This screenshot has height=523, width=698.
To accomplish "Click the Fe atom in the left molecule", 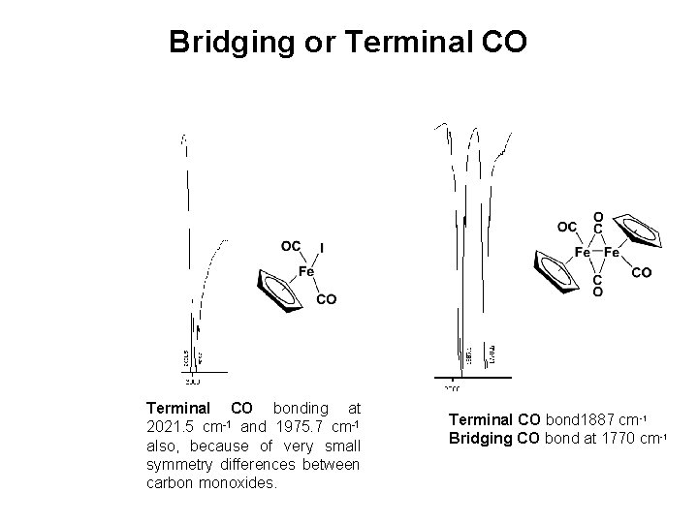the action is tap(306, 272).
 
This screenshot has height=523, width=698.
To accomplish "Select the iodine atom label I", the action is tap(321, 249).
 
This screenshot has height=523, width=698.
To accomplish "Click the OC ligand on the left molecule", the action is tap(290, 246).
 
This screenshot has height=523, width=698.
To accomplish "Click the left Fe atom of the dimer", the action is tap(584, 253).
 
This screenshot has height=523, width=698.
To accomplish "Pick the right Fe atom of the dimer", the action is tap(612, 253).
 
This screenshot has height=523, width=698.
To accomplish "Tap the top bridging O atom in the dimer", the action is tap(598, 217).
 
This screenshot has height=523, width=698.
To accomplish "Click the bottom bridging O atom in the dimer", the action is tap(598, 291).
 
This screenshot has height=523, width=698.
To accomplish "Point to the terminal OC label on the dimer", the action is tap(567, 228).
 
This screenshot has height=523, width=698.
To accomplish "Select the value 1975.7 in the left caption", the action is tap(301, 427).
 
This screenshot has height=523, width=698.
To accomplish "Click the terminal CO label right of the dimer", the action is tap(642, 273).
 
